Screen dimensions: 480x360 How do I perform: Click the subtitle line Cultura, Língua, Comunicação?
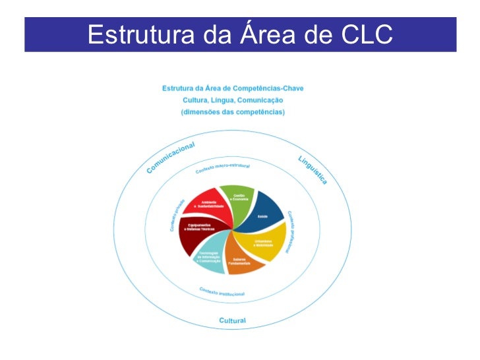point(233,100)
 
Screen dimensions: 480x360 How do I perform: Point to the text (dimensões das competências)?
point(233,112)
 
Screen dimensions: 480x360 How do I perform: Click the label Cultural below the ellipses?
point(232,321)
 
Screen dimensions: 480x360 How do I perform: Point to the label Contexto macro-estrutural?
point(223,168)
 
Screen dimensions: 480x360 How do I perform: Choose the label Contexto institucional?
point(222,292)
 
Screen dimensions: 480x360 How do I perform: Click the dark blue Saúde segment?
point(260,210)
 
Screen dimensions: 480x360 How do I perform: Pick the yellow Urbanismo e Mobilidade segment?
point(266,242)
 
